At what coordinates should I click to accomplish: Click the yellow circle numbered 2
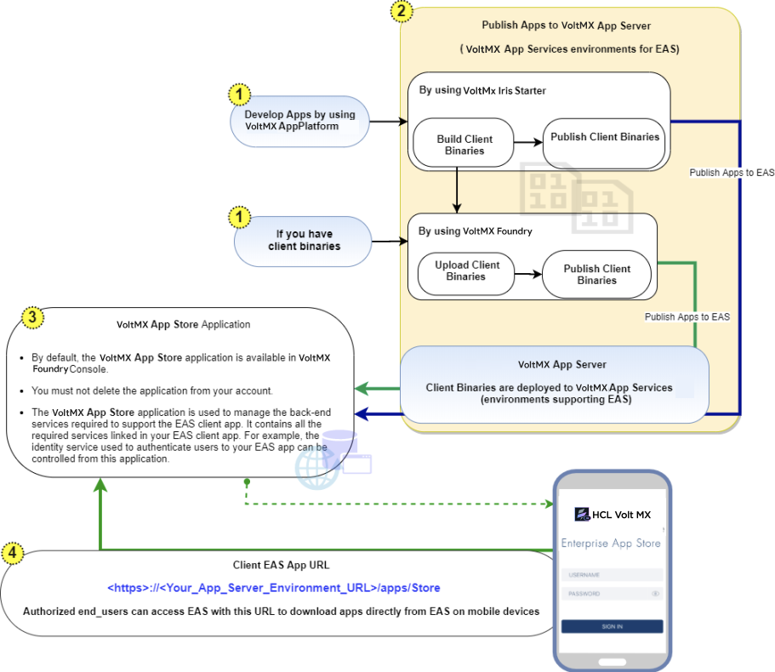(402, 13)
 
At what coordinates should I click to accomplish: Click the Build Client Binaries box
(464, 145)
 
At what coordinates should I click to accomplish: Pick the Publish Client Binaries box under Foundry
(596, 274)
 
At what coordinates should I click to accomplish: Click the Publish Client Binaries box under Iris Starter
(605, 137)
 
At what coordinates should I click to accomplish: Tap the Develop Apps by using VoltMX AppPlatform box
(299, 121)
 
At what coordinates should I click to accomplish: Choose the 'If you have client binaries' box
(305, 241)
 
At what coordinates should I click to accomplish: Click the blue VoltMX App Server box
(554, 383)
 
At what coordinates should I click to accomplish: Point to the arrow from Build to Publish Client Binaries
(528, 142)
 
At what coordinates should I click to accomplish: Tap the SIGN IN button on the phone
(612, 626)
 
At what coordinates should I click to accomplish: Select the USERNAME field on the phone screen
(612, 574)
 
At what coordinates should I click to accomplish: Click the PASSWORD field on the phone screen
(612, 594)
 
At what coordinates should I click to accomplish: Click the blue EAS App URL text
(273, 588)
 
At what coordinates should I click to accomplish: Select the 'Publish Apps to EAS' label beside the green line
(687, 316)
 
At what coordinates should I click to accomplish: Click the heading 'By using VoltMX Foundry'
(475, 231)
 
